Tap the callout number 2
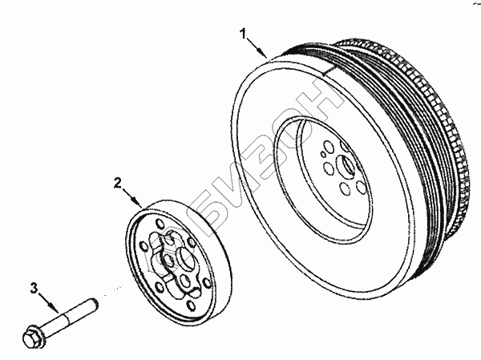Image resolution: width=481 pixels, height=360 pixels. (118, 184)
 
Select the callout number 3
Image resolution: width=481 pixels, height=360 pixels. (34, 286)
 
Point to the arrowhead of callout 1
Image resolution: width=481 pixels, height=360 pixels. (268, 55)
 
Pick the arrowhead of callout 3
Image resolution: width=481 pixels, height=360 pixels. (58, 311)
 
